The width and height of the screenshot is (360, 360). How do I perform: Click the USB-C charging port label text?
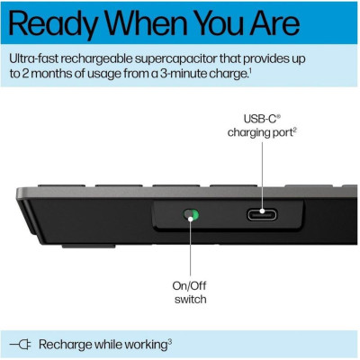(x=262, y=124)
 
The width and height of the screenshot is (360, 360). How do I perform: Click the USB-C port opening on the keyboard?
(x=263, y=216)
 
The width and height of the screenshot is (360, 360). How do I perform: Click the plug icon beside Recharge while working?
(x=22, y=343)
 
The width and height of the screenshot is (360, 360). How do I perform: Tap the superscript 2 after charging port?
(x=295, y=130)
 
